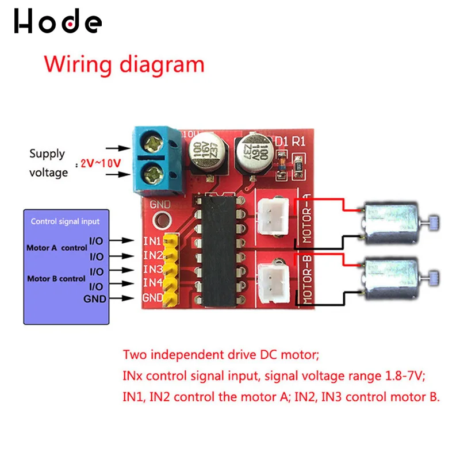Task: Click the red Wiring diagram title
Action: click(124, 64)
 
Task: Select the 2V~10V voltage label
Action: click(101, 163)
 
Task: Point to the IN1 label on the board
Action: click(152, 240)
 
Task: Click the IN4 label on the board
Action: click(152, 282)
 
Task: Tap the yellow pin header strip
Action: click(171, 269)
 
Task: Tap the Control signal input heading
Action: click(65, 221)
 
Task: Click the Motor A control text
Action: click(56, 248)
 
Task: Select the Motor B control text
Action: click(56, 279)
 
